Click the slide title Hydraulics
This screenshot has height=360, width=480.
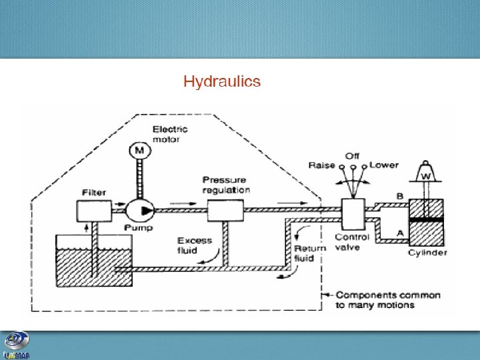click(221, 82)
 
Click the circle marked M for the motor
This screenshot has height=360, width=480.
click(139, 151)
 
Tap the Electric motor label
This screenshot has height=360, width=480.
click(170, 134)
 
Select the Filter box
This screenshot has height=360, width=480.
click(95, 211)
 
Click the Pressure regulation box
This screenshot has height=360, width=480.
click(225, 211)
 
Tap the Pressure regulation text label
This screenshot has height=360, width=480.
click(226, 185)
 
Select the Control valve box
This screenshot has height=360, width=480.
click(351, 215)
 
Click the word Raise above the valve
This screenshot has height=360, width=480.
click(321, 165)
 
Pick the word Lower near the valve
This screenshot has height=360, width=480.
click(384, 165)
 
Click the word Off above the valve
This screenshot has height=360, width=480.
click(352, 156)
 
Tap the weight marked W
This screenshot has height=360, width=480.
click(425, 174)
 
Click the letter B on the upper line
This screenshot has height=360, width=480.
click(400, 196)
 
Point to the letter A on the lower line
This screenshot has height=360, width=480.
click(399, 232)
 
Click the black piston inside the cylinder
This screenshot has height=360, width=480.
click(426, 219)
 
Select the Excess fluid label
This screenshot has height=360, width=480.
click(195, 245)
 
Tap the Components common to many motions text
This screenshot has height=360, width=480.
click(389, 300)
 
